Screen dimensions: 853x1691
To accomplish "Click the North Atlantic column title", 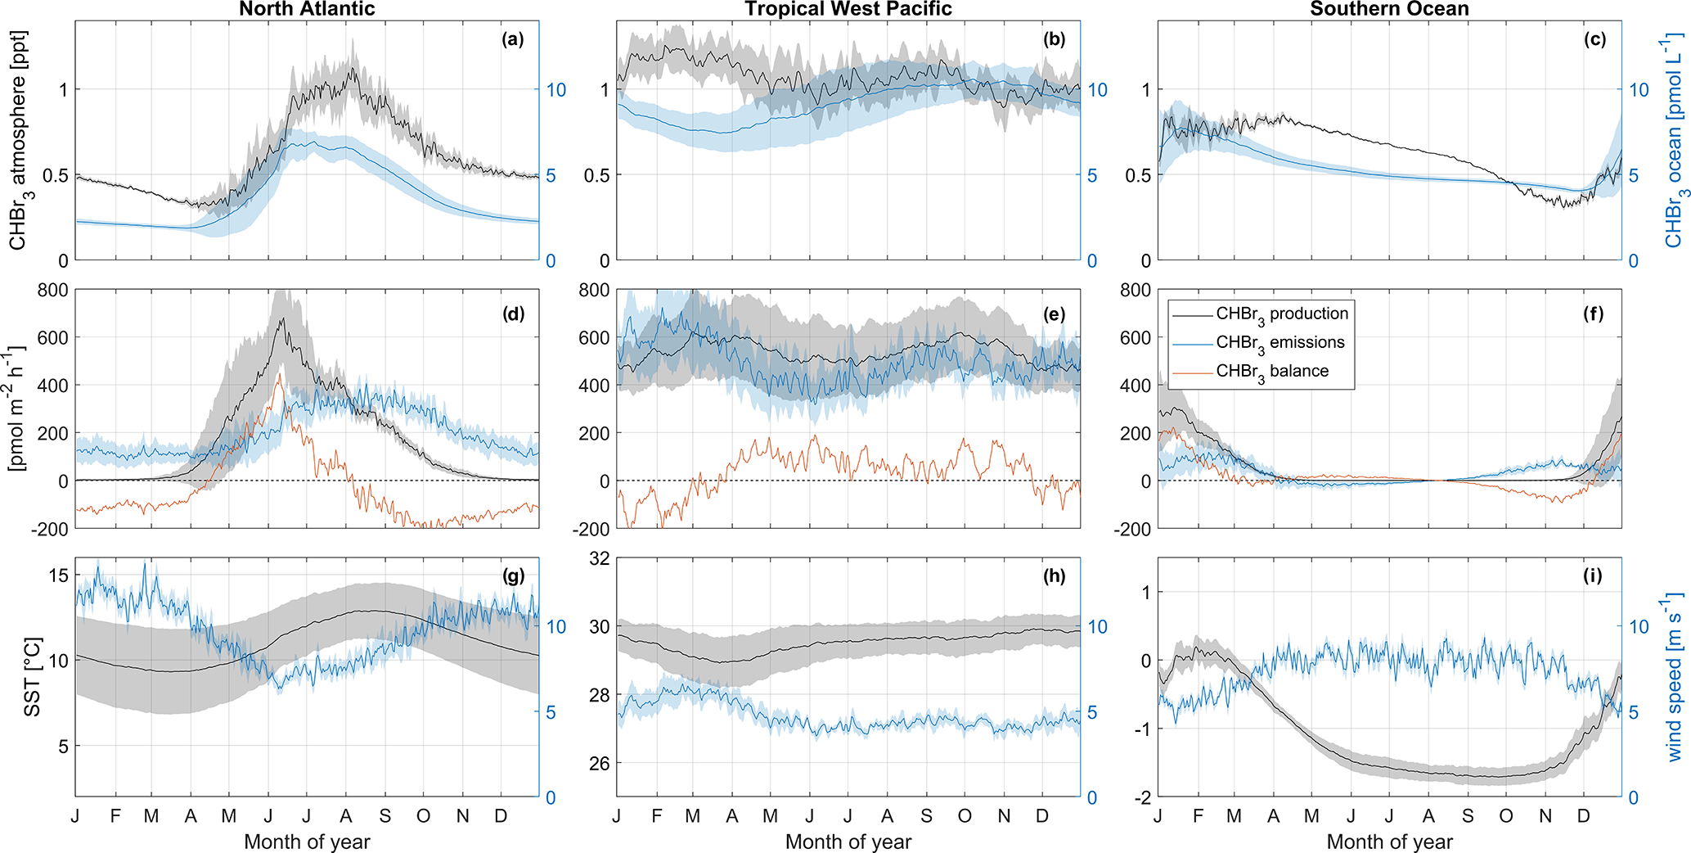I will [x=307, y=9].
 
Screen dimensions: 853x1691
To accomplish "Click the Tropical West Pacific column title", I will [x=848, y=9].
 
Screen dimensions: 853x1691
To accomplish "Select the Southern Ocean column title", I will [x=1389, y=9].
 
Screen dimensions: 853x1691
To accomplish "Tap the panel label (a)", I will [x=513, y=39].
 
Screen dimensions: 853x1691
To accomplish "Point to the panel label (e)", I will [x=1055, y=314].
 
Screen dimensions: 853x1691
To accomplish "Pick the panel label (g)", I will [x=513, y=576].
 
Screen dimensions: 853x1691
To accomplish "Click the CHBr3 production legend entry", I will [x=1281, y=314].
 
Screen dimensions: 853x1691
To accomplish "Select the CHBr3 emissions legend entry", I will [x=1279, y=343].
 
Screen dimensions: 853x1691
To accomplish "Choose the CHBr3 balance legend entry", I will [x=1271, y=372].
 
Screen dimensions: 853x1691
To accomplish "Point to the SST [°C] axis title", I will [x=31, y=679].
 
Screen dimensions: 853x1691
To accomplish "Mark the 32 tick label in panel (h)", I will [x=600, y=559].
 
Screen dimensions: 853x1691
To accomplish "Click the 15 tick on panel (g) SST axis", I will [x=59, y=575].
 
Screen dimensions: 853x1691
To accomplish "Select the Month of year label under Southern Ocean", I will [x=1389, y=842].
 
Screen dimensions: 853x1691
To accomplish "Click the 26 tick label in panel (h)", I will [x=600, y=764].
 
